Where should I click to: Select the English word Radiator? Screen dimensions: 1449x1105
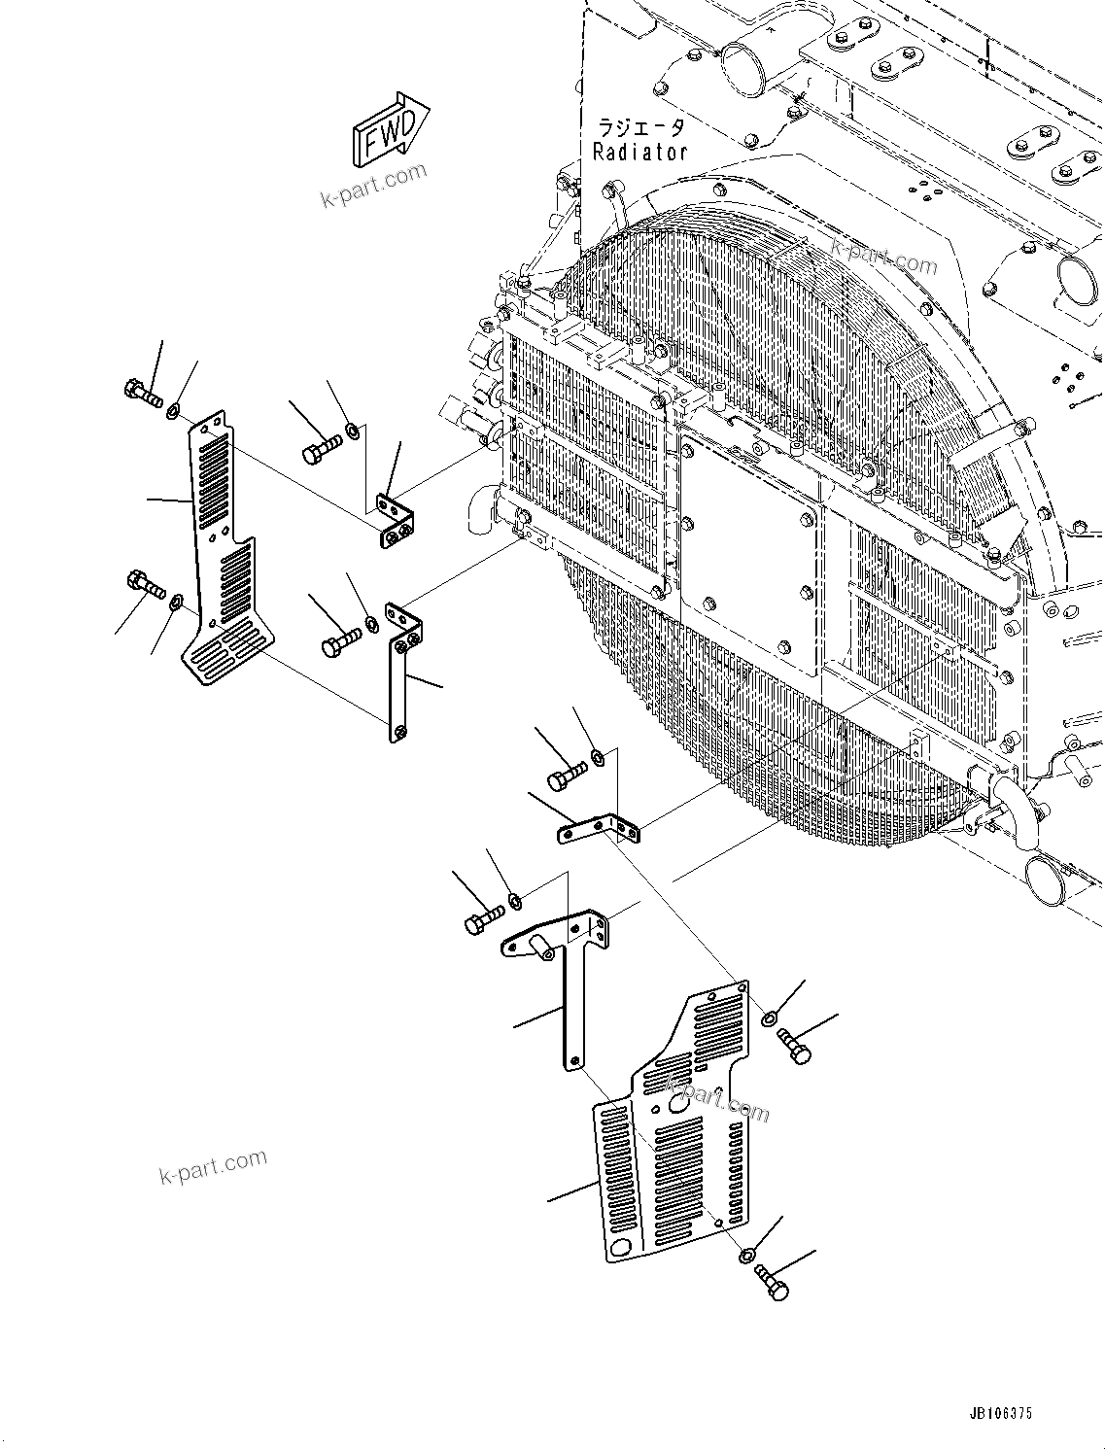tap(639, 152)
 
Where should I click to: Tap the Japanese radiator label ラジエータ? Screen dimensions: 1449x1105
tap(640, 127)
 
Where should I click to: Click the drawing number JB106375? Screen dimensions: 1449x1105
tap(1000, 1414)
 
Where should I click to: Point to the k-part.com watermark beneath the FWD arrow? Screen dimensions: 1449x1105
tap(374, 186)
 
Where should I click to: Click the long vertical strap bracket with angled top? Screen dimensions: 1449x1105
tap(399, 671)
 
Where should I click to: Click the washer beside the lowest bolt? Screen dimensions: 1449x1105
tap(745, 1257)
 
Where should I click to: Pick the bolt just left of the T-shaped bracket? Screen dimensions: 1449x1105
tap(483, 917)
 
